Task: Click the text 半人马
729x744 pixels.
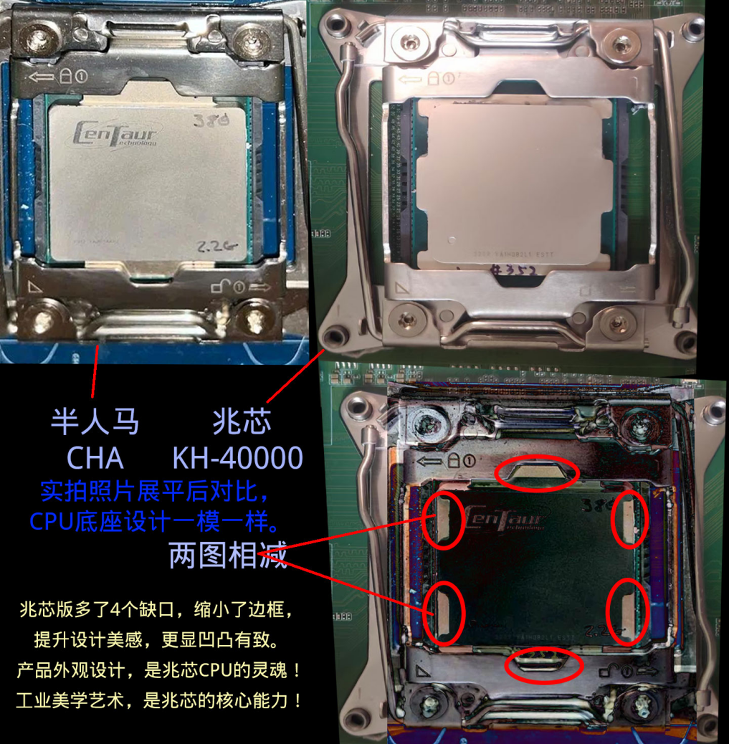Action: pos(95,421)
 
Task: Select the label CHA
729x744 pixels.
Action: pos(95,457)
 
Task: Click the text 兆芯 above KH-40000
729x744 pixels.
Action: pos(242,421)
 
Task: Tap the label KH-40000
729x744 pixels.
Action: pos(237,457)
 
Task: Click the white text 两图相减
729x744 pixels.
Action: pos(228,556)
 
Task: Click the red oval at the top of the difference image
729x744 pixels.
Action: pos(537,473)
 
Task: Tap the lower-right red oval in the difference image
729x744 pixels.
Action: pos(627,611)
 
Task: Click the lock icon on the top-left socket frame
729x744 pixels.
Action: pos(65,74)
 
